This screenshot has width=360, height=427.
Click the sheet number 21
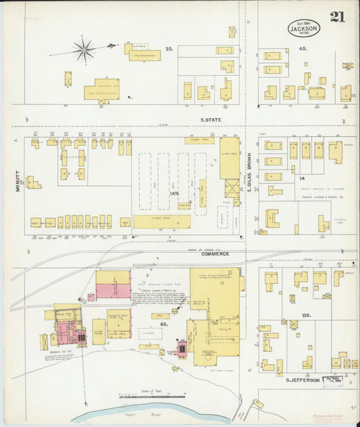(x=337, y=16)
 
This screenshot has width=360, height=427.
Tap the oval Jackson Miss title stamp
(x=304, y=28)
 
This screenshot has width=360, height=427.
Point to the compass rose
(x=84, y=49)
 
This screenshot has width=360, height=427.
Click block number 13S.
(x=306, y=316)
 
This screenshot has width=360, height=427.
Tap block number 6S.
(x=164, y=324)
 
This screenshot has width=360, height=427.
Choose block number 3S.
(x=169, y=49)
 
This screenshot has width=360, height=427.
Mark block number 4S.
(x=303, y=49)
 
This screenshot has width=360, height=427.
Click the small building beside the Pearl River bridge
(x=258, y=403)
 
